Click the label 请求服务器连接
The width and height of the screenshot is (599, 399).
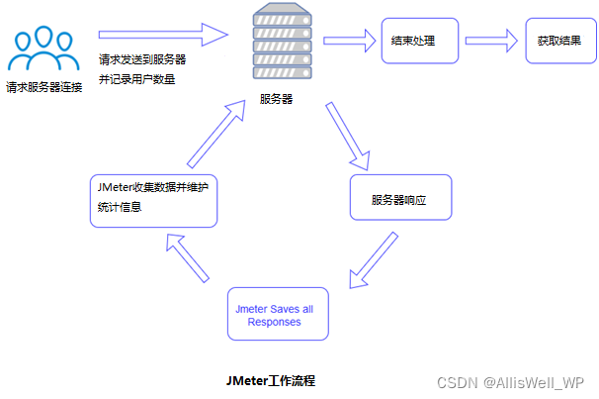click(43, 87)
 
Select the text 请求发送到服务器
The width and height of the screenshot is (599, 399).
click(142, 59)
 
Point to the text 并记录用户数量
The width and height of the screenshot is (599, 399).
click(137, 79)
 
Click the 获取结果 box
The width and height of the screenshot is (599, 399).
click(559, 42)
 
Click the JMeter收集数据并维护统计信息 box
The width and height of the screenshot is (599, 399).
click(152, 197)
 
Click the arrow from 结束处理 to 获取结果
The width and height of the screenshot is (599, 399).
click(492, 42)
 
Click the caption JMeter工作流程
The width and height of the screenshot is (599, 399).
click(271, 380)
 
